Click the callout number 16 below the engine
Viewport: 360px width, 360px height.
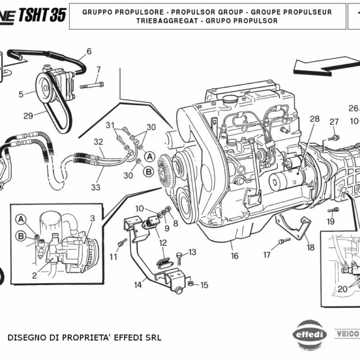tap(234, 256)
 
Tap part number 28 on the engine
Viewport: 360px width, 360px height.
tap(315, 119)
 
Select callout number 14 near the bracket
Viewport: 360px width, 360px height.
tap(138, 284)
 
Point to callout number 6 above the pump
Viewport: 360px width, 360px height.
tap(89, 51)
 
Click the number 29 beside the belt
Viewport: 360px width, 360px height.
tap(28, 116)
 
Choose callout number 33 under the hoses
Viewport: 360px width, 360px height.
tap(95, 187)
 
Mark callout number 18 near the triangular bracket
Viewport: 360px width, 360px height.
tap(310, 247)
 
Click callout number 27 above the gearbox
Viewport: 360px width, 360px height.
tap(334, 122)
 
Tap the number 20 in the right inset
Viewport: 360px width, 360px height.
tap(341, 289)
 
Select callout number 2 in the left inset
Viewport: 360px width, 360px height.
tap(34, 275)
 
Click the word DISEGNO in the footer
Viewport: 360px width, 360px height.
tap(28, 337)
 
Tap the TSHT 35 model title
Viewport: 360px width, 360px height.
tap(42, 15)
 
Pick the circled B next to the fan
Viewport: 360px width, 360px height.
tap(148, 171)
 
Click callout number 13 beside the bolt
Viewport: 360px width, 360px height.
tap(192, 252)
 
